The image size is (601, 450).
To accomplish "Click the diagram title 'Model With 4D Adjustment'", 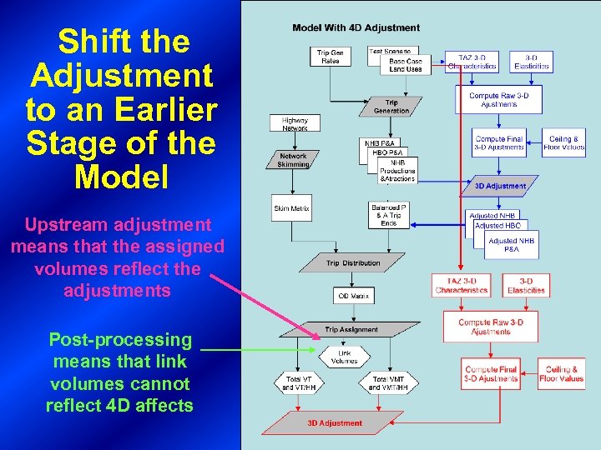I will (356, 28).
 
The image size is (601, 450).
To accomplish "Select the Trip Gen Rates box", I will (331, 57).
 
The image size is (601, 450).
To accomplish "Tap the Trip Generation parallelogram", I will (391, 107).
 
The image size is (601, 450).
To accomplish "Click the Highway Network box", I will (295, 124).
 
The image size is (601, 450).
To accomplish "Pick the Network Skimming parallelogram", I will (293, 160).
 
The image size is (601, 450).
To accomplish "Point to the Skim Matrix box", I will (292, 208).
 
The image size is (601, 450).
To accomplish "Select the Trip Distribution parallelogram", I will (353, 263).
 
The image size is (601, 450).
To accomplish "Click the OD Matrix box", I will (354, 295).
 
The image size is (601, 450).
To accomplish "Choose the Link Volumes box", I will (344, 357).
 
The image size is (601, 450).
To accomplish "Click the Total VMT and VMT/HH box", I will (388, 383).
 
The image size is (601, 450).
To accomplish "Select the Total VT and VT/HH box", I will (299, 383).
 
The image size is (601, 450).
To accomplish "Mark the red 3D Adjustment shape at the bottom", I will (334, 422).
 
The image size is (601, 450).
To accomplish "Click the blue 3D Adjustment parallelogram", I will (500, 186).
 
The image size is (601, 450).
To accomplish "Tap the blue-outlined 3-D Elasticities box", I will (531, 61).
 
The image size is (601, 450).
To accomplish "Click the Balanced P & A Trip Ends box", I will (389, 215).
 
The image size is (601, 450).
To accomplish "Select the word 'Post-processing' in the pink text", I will (120, 340).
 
